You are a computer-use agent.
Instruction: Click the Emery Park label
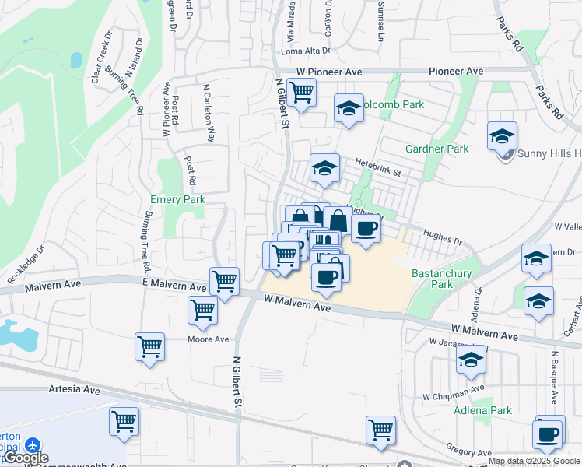(x=177, y=200)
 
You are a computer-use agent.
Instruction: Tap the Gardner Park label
(x=436, y=149)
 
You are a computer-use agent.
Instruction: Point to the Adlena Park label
(x=482, y=410)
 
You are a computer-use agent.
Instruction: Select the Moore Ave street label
(x=209, y=339)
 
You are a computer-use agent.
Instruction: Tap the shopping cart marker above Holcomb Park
(x=301, y=93)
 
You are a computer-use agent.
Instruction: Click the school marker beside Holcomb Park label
(x=349, y=109)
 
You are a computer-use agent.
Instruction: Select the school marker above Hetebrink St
(x=324, y=167)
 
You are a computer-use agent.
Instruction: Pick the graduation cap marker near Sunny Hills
(x=502, y=136)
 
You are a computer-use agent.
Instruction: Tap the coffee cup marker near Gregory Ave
(x=549, y=433)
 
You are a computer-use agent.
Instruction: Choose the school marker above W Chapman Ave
(x=471, y=360)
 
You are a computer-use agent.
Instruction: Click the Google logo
(x=26, y=458)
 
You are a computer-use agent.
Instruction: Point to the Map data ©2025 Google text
(x=535, y=461)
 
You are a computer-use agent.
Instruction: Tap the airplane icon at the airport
(x=32, y=444)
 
